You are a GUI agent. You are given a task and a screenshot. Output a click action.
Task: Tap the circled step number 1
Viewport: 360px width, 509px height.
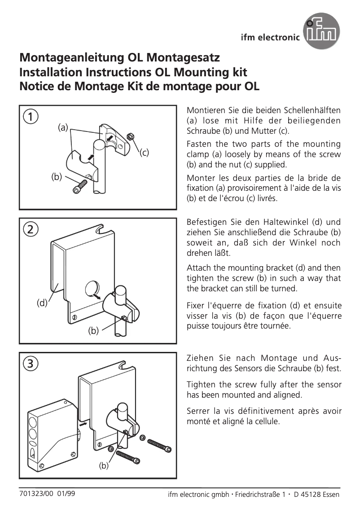click(30, 117)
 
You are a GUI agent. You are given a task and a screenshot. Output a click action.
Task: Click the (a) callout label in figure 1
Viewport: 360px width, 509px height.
click(63, 127)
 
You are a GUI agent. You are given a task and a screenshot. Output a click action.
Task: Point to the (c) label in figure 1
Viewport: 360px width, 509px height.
click(144, 153)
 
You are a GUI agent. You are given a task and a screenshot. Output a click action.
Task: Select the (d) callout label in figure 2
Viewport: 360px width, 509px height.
click(42, 303)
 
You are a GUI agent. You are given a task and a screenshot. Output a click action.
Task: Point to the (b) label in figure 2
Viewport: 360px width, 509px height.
click(93, 331)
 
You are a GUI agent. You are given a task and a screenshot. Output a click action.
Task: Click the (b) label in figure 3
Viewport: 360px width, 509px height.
click(104, 466)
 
